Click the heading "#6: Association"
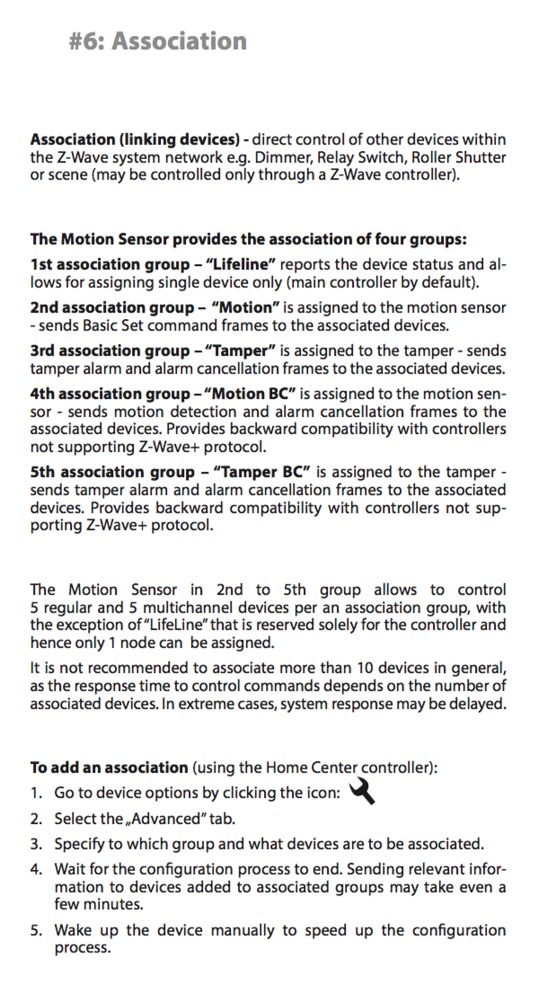pos(157,41)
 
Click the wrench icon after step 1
pos(359,791)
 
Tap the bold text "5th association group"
pos(103,472)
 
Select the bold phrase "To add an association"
pos(109,767)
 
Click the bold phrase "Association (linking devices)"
pos(138,140)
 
